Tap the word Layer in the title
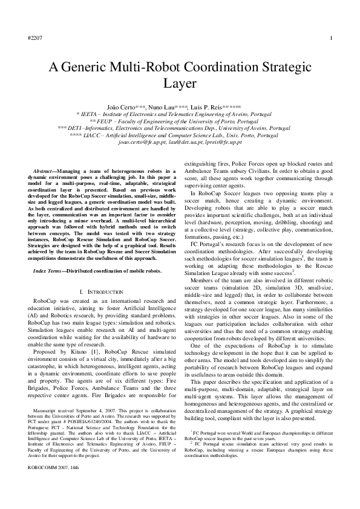click(180, 83)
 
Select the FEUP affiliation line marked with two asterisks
click(180, 121)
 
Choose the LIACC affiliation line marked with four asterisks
click(180, 135)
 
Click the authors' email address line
click(180, 143)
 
